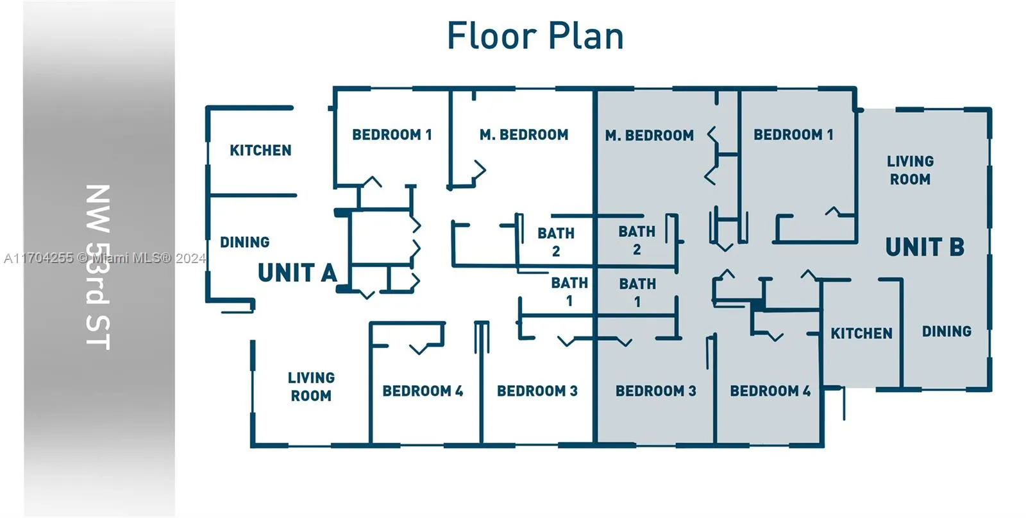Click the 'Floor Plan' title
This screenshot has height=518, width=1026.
(x=535, y=36)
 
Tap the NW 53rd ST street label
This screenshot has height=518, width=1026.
(x=98, y=268)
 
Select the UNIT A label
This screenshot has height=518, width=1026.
(x=298, y=273)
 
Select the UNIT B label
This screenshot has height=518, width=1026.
(x=925, y=247)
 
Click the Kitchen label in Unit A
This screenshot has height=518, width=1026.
(x=260, y=150)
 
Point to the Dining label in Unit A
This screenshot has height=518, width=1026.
(x=244, y=242)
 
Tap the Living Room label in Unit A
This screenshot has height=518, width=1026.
(x=311, y=386)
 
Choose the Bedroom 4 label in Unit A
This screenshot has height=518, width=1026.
(x=423, y=391)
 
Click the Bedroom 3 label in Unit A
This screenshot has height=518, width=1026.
(x=537, y=391)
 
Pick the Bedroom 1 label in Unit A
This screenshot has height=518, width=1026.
(x=392, y=135)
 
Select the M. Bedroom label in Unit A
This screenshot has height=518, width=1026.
(x=524, y=135)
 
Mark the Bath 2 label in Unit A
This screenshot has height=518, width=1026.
(x=556, y=242)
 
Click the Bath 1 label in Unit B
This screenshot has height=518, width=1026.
(x=637, y=293)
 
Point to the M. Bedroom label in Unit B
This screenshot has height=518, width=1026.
(x=650, y=135)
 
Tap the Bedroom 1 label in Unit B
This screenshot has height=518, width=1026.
(x=793, y=135)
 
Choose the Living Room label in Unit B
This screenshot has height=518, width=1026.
(x=910, y=170)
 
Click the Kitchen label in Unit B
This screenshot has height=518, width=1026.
(x=862, y=333)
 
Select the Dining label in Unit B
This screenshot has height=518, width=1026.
(x=946, y=331)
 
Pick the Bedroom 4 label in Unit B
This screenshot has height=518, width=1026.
(x=770, y=391)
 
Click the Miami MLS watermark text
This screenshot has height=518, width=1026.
(x=105, y=259)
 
